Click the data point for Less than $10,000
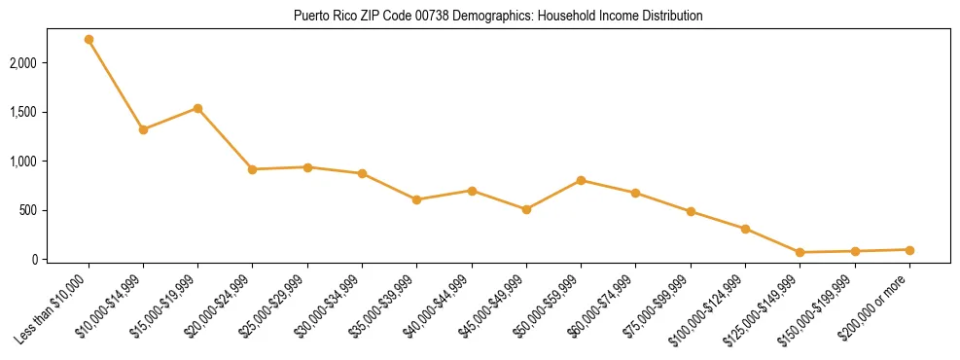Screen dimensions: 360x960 89,40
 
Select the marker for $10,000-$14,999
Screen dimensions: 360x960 143,129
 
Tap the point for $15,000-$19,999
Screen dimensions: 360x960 197,108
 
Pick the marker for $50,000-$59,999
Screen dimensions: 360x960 581,180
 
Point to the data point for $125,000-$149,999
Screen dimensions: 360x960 800,252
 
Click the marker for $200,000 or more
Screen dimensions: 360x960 909,250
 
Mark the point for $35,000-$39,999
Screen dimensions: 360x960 416,199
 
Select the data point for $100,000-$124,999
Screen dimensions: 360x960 745,229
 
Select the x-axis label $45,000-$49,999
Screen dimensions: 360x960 496,303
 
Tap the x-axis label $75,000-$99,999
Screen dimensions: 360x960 660,303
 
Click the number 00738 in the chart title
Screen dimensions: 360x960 409,17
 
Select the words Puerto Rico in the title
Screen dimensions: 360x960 321,17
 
